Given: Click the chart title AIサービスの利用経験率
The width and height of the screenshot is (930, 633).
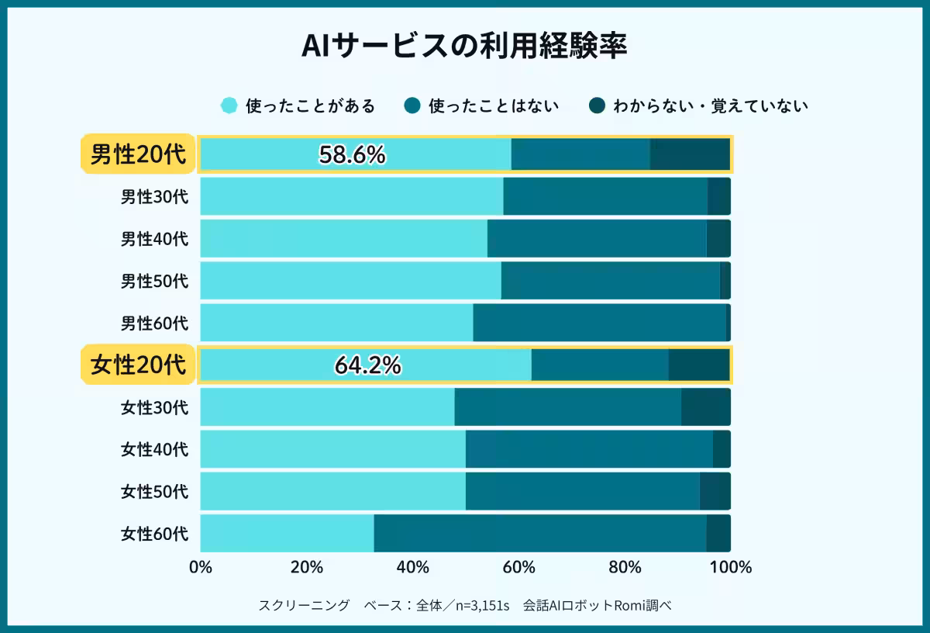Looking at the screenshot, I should pyautogui.click(x=464, y=46).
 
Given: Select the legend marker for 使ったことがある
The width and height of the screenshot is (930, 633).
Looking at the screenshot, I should pyautogui.click(x=229, y=105).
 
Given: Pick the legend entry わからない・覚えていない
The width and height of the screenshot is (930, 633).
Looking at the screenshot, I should pyautogui.click(x=710, y=105).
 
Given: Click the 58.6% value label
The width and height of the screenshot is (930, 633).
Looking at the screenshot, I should pyautogui.click(x=352, y=155).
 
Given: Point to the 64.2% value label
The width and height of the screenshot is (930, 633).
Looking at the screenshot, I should pyautogui.click(x=367, y=365).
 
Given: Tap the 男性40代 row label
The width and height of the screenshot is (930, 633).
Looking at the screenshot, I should pyautogui.click(x=154, y=238).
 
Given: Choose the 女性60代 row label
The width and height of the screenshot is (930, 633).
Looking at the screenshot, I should pyautogui.click(x=154, y=533).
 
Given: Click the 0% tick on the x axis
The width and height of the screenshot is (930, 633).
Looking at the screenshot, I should pyautogui.click(x=201, y=567).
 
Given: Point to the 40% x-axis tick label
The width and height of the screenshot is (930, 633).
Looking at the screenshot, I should pyautogui.click(x=412, y=567).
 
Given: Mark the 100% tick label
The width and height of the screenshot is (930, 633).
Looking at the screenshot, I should pyautogui.click(x=730, y=567).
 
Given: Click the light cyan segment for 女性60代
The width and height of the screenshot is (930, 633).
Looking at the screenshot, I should pyautogui.click(x=287, y=533).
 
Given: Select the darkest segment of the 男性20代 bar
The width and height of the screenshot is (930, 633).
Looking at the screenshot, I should pyautogui.click(x=689, y=154).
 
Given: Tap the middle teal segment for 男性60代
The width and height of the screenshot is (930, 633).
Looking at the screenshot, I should pyautogui.click(x=599, y=322).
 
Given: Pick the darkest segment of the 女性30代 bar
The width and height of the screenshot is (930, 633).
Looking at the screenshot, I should pyautogui.click(x=705, y=407).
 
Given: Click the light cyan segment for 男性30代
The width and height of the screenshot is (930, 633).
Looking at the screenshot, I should pyautogui.click(x=351, y=196).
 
